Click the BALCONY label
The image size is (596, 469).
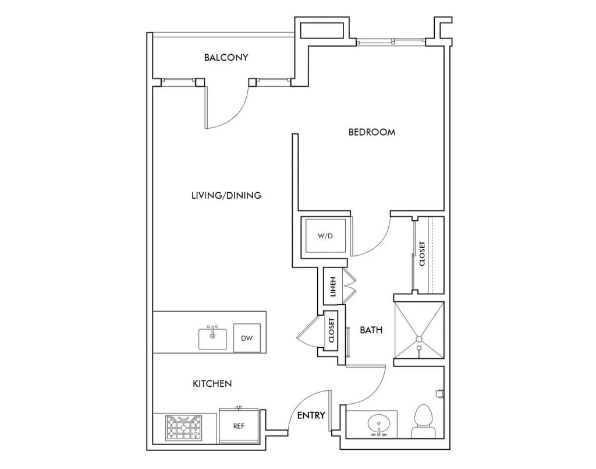click(x=226, y=58)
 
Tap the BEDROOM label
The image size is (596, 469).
click(x=371, y=132)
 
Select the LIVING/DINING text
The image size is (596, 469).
click(x=226, y=195)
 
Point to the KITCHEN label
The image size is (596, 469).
click(x=212, y=383)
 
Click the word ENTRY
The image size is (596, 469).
click(x=311, y=415)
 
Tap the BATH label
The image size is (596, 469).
click(x=371, y=330)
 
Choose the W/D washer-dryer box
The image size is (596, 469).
click(x=325, y=236)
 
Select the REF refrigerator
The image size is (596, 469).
click(x=238, y=426)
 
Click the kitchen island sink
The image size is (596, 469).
click(x=214, y=338)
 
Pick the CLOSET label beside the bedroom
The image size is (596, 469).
click(x=422, y=255)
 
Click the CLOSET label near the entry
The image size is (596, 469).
click(x=332, y=330)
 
